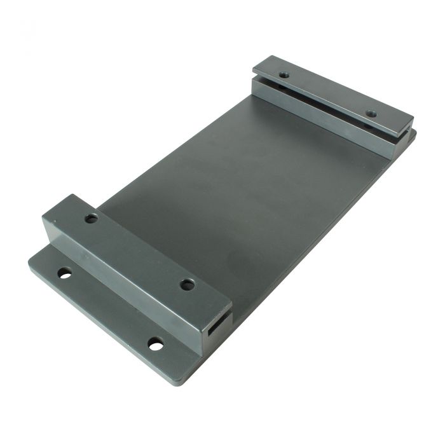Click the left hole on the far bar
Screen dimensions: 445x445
[284, 75]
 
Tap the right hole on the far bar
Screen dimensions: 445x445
[372, 114]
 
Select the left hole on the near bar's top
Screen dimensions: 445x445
[92, 218]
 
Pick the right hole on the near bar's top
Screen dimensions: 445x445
[187, 285]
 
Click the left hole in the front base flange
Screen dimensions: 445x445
[64, 273]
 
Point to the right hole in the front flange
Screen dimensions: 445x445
[156, 344]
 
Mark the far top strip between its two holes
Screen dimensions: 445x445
[327, 94]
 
